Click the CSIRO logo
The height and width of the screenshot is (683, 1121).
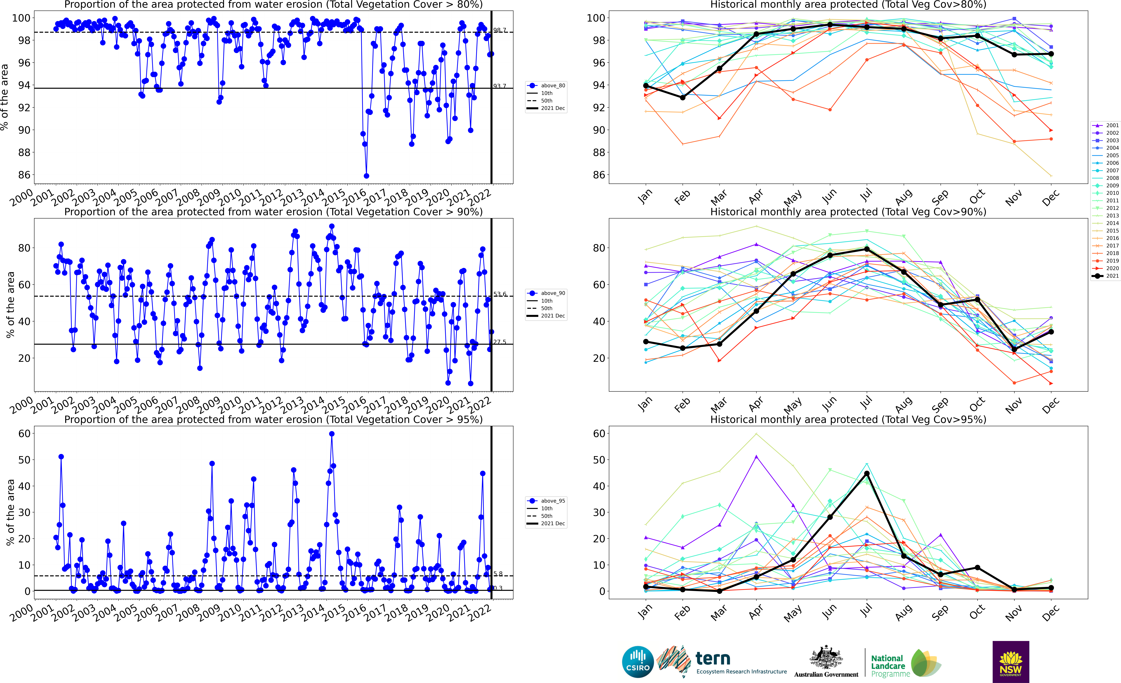click(x=638, y=662)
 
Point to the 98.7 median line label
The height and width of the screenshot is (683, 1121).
click(x=500, y=30)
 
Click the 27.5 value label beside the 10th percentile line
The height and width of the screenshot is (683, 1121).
click(x=500, y=342)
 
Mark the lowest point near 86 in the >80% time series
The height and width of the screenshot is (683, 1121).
click(x=366, y=176)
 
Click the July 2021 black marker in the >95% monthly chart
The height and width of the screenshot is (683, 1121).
click(x=867, y=473)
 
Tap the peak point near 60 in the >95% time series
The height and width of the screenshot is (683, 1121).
click(x=332, y=434)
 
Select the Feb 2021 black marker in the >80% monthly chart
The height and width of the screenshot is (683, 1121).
click(x=682, y=97)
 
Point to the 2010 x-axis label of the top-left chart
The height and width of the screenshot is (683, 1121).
click(x=230, y=197)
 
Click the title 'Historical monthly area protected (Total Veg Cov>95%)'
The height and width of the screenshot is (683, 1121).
click(x=848, y=419)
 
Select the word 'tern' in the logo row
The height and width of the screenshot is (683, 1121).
click(x=713, y=658)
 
